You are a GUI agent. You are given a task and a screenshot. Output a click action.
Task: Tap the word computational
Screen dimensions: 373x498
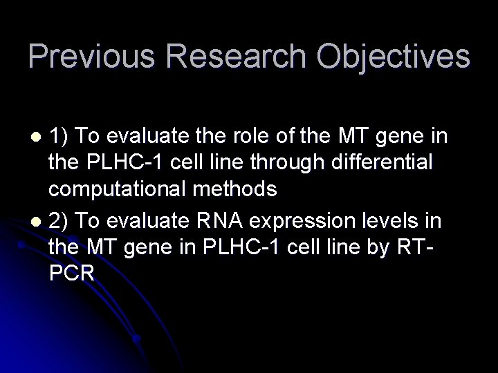pyautogui.click(x=114, y=189)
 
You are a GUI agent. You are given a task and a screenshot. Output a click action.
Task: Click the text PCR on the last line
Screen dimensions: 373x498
pyautogui.click(x=71, y=272)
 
